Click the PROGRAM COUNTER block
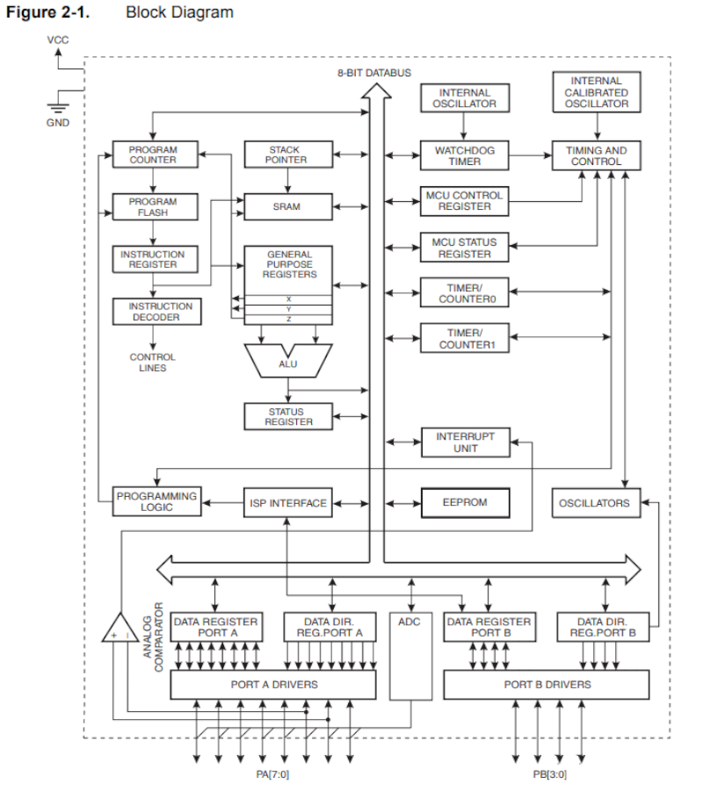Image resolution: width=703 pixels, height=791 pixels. coord(152,155)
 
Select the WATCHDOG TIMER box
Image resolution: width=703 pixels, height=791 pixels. coord(464,155)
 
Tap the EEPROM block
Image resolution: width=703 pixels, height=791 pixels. coord(464,503)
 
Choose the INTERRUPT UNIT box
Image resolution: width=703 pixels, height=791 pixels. coord(464,442)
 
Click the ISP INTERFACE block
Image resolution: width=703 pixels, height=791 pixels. coord(287,503)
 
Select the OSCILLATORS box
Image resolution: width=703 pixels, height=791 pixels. coord(594,503)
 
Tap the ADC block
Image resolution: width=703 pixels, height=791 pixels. coord(409,654)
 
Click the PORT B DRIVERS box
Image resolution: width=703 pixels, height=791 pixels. coord(547,684)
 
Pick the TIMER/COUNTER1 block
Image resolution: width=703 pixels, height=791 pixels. coord(464,339)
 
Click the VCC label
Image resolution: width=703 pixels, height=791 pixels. coord(57,40)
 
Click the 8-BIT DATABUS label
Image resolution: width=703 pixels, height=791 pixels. coord(374,73)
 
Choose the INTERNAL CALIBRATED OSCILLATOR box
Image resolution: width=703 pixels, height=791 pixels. coord(596,92)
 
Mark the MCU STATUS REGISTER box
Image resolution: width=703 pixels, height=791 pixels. coord(464,248)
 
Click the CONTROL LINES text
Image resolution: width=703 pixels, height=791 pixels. coord(152,363)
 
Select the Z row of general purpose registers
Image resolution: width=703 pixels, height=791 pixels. coord(287,319)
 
